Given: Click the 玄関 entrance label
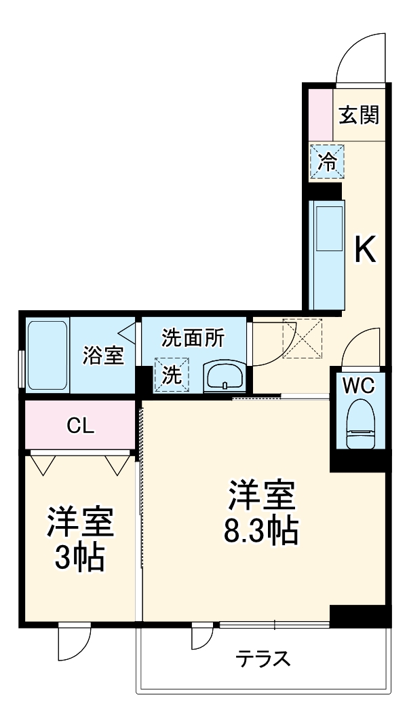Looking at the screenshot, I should click(x=359, y=115).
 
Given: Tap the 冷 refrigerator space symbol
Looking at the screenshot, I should click(x=327, y=162).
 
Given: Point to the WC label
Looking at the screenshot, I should click(x=357, y=386).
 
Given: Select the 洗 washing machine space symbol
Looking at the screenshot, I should click(x=172, y=375).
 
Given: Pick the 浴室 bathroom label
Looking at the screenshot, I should click(x=104, y=356).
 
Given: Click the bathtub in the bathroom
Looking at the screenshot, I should click(x=47, y=355).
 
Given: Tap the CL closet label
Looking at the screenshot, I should click(x=81, y=425).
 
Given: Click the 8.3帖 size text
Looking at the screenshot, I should click(x=261, y=532).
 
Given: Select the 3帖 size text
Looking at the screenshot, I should click(x=80, y=557).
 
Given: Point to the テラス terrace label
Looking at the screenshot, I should click(x=264, y=658).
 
